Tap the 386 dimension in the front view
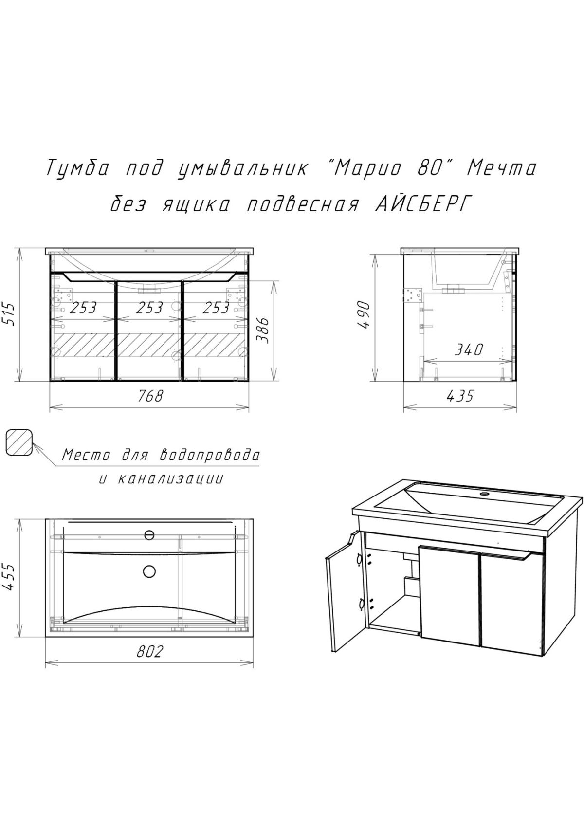[263, 330]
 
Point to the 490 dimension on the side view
[365, 315]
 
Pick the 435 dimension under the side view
[459, 396]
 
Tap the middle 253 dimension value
[149, 308]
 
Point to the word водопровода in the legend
[209, 456]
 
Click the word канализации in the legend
[170, 479]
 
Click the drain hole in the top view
[149, 570]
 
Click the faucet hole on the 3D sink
[484, 495]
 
